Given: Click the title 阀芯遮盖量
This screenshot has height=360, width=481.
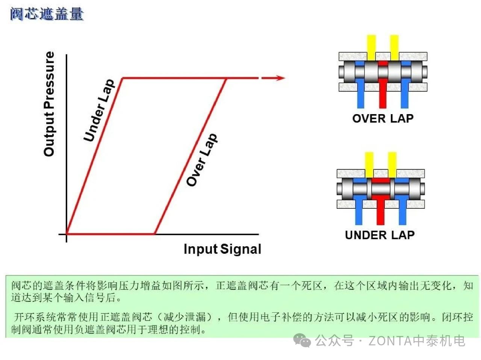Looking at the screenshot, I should click(x=47, y=14).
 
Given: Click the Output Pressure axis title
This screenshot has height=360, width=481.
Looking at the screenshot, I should click(x=49, y=104).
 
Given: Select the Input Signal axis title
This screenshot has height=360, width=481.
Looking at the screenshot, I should click(x=222, y=249).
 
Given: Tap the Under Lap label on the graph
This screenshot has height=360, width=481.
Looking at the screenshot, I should click(x=98, y=110).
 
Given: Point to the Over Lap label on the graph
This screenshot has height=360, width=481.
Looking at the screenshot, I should click(x=202, y=160).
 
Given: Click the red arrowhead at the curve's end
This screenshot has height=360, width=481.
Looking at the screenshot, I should click(x=280, y=78).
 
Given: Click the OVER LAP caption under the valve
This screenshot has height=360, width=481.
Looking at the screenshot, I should click(x=383, y=119).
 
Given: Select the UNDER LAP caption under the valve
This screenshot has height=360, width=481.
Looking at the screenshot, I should click(x=380, y=235).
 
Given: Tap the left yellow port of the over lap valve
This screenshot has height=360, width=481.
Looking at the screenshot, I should click(x=371, y=47).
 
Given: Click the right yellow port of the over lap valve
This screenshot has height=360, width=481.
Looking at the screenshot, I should click(x=394, y=47).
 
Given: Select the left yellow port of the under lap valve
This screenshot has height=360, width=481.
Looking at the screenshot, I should click(x=369, y=164).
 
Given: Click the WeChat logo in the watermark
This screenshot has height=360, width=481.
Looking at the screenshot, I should click(x=302, y=340).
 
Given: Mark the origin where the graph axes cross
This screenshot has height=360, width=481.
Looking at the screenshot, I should click(x=67, y=234).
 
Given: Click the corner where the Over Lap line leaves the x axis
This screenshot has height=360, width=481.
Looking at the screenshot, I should click(x=155, y=234).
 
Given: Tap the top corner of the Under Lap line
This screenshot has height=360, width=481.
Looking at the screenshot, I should click(x=123, y=78).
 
